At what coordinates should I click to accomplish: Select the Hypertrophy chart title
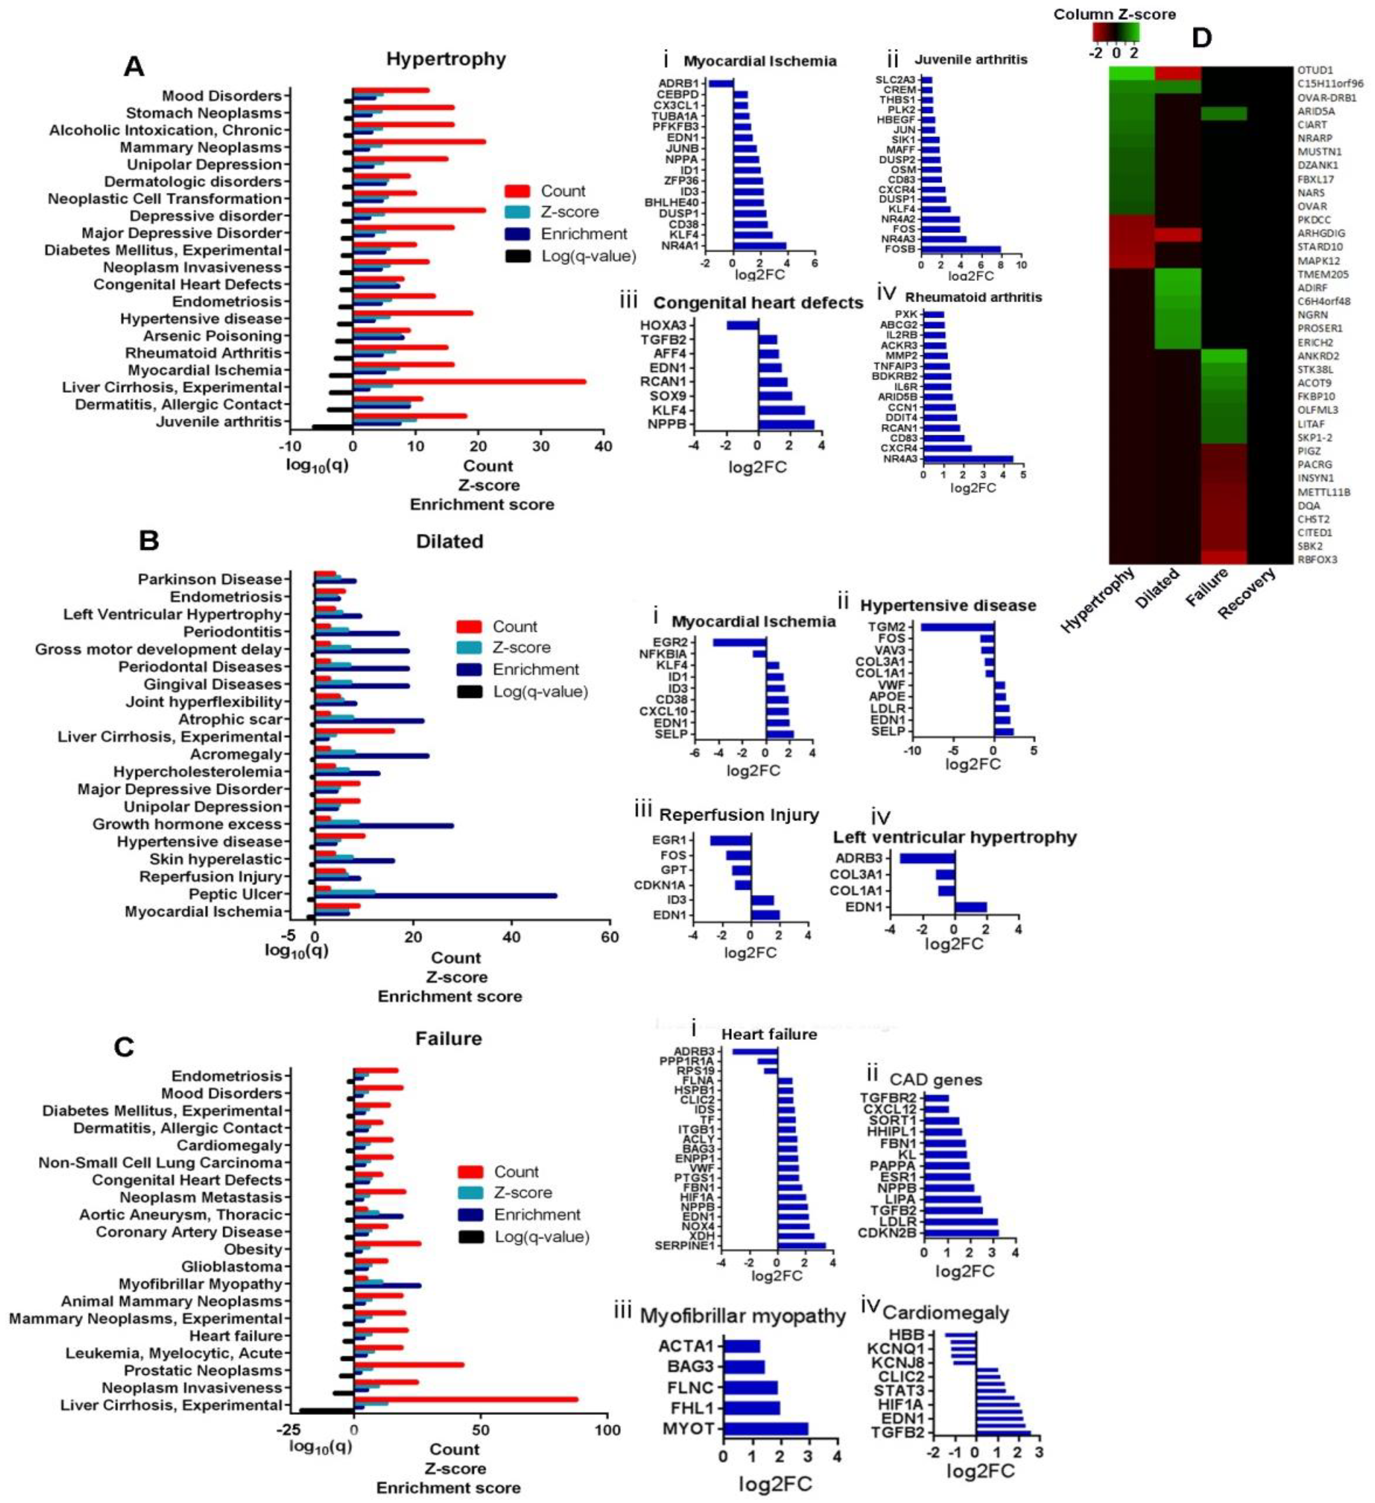point(446,59)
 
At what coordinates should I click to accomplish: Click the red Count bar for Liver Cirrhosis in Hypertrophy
point(470,382)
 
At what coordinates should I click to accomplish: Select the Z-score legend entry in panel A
point(569,212)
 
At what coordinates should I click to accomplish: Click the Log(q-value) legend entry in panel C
point(541,1237)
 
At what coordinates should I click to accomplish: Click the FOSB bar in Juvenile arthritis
point(961,249)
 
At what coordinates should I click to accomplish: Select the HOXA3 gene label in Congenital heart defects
point(663,325)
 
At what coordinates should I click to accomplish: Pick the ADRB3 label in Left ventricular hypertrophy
point(859,858)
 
